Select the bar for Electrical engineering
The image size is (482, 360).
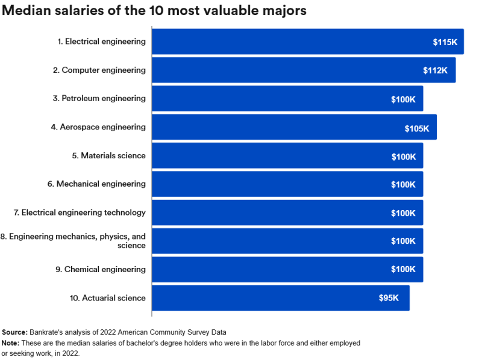[x=307, y=42]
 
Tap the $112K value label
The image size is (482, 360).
[x=435, y=70]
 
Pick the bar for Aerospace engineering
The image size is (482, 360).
[x=294, y=127]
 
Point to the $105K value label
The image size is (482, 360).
[x=417, y=128]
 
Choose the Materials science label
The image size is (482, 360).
[x=109, y=155]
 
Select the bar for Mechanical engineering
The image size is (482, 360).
[x=287, y=184]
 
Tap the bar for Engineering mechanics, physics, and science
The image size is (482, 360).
[x=287, y=241]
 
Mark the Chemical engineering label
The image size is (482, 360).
[x=101, y=269]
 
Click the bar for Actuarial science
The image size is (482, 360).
[x=280, y=298]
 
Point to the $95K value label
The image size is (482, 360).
[x=389, y=298]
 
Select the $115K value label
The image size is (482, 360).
[x=445, y=42]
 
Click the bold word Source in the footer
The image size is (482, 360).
[x=14, y=332]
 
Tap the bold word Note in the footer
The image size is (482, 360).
[x=10, y=343]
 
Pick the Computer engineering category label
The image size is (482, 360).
[x=99, y=70]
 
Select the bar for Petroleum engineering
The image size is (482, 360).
[x=287, y=99]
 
